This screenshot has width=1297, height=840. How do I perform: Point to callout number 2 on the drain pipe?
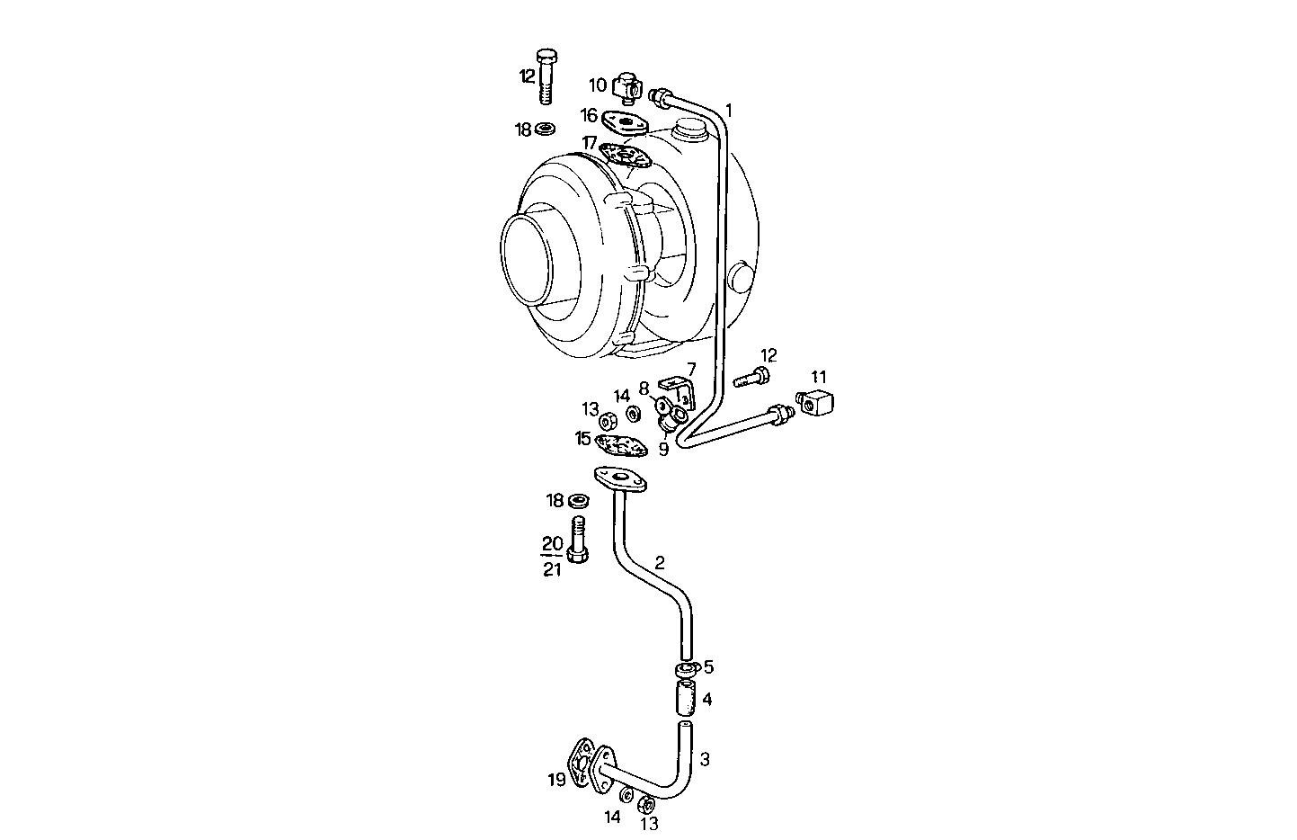point(660,563)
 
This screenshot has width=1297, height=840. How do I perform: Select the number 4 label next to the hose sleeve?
point(707,699)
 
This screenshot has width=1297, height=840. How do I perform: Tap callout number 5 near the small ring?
point(708,666)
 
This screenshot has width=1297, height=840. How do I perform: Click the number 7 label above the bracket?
point(691,369)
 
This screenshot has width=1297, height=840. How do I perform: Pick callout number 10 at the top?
point(598,85)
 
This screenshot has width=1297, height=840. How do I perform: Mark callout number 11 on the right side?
point(818,377)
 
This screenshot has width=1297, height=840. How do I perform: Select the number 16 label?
point(589,115)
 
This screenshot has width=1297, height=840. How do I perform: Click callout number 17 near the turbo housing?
point(590,143)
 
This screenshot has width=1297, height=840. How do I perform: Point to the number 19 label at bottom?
point(556,779)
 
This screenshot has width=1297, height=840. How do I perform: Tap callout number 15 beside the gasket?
point(584,438)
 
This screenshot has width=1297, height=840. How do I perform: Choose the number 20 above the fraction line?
point(552,543)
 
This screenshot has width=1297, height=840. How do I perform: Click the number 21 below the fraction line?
point(552,568)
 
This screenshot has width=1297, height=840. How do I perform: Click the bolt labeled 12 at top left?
point(546,76)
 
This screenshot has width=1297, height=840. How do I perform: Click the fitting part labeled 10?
point(627,88)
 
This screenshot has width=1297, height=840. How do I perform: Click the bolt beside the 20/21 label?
point(579,539)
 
